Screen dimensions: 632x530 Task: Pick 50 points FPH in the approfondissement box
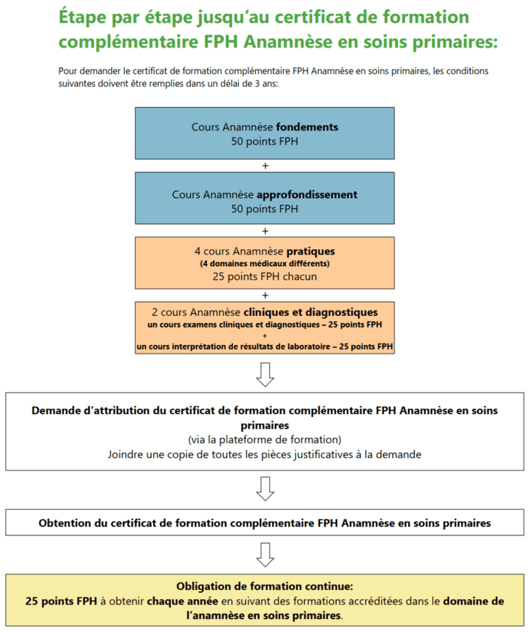[x=265, y=209]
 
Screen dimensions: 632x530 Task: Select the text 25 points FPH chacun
[x=265, y=277]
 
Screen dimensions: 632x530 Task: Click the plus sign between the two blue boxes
[x=265, y=166]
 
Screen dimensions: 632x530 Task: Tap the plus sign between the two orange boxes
[x=265, y=295]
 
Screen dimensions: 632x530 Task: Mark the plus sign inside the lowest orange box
[x=265, y=335]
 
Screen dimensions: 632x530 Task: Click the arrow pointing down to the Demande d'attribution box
[x=265, y=374]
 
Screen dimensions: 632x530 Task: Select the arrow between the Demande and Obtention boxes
[x=265, y=488]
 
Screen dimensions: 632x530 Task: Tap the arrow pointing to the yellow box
[x=265, y=553]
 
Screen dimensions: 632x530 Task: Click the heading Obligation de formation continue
[x=265, y=587]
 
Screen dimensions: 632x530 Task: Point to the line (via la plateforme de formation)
[x=265, y=440]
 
